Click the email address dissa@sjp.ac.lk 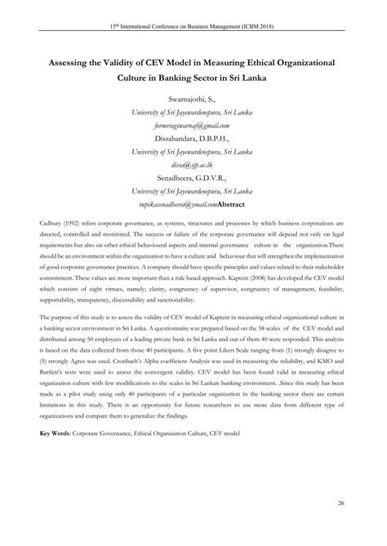tap(193, 165)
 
